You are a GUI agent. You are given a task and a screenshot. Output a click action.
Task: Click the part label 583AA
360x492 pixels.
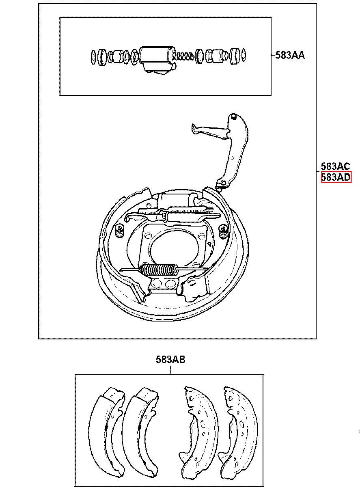[x=290, y=55]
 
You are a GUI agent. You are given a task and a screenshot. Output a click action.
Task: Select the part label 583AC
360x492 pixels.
[x=335, y=166]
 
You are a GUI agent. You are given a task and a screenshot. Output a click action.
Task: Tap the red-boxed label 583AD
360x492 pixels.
[x=336, y=177]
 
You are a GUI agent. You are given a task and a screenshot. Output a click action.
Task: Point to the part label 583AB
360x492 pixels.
[x=170, y=360]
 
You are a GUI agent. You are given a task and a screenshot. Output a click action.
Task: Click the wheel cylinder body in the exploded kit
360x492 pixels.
[x=157, y=59]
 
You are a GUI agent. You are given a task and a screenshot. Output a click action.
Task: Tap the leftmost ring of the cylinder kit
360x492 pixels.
[x=93, y=57]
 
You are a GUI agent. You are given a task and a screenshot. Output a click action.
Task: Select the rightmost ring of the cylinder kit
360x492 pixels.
[x=244, y=55]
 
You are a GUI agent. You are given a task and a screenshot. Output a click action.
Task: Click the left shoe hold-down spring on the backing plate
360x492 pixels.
[x=120, y=231]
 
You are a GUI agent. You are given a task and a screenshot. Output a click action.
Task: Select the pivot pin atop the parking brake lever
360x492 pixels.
[x=233, y=117]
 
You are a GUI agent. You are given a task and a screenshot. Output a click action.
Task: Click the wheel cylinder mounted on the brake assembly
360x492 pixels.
[x=176, y=199]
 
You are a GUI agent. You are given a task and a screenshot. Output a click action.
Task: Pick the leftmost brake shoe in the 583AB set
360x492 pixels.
[x=107, y=430]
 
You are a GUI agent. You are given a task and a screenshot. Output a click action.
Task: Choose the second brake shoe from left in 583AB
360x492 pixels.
[x=140, y=430]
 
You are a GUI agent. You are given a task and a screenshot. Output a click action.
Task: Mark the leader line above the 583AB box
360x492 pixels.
[x=170, y=369]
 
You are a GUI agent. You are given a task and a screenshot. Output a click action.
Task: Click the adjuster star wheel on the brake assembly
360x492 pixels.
[x=163, y=217]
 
